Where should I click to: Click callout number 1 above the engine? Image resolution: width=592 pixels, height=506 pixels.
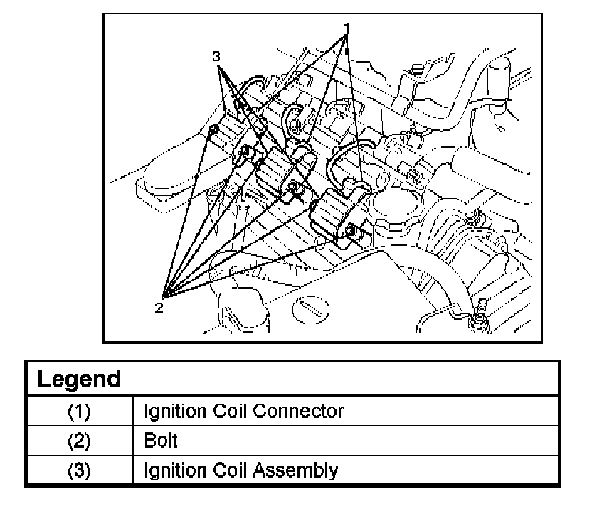tap(347, 28)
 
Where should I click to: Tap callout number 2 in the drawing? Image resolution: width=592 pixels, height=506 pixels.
tap(159, 307)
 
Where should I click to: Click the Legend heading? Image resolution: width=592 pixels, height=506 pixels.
tap(78, 378)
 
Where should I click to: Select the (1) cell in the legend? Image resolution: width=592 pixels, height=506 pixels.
tap(79, 411)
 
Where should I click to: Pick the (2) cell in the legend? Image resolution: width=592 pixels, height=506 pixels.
tap(79, 441)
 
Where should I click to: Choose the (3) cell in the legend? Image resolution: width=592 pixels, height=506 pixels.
tap(79, 470)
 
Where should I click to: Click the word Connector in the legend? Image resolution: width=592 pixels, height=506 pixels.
tap(302, 411)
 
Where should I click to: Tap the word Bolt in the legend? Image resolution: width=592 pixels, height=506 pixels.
tap(160, 441)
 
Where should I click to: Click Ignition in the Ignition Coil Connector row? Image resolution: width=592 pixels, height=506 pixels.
tap(175, 411)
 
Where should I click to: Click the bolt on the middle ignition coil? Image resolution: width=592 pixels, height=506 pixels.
tap(292, 187)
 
